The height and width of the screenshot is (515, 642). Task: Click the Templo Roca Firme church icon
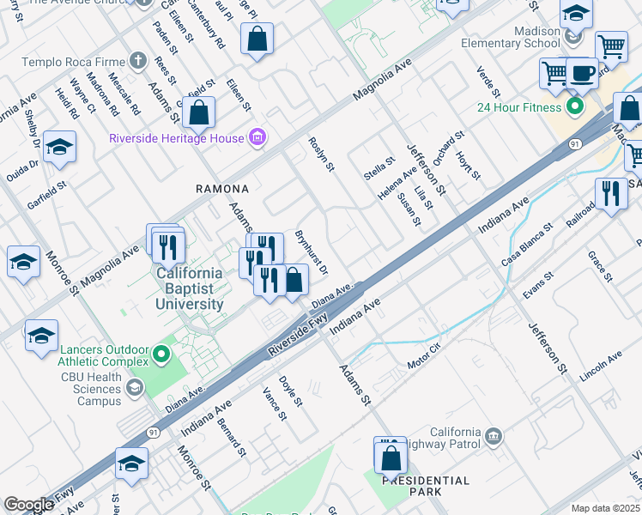[138, 61]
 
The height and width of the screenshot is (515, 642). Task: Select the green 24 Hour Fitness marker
[574, 107]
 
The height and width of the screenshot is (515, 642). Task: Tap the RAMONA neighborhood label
[221, 189]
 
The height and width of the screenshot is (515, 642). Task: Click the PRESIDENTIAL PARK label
[426, 487]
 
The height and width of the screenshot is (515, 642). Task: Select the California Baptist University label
[189, 288]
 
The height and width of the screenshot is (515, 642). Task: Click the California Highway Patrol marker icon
[493, 437]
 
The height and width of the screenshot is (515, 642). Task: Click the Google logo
[28, 505]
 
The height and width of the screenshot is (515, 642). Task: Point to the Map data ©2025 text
[605, 508]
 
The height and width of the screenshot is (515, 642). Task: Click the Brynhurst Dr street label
[312, 251]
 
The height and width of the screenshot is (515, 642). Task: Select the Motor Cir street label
[423, 357]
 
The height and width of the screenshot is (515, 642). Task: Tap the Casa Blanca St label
[524, 248]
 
